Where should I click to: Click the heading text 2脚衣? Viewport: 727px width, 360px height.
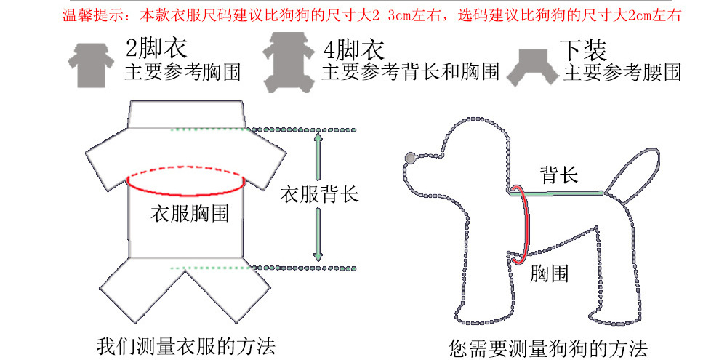click(x=156, y=49)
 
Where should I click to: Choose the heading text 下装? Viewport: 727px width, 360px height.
click(x=583, y=49)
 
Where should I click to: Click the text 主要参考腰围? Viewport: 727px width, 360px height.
click(x=622, y=73)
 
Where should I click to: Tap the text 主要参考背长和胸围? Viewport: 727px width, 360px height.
click(x=410, y=72)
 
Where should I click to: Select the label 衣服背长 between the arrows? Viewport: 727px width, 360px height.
click(x=319, y=194)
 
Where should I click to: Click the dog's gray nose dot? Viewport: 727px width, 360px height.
click(x=411, y=157)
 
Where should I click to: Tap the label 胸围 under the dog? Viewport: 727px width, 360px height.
click(x=549, y=274)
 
